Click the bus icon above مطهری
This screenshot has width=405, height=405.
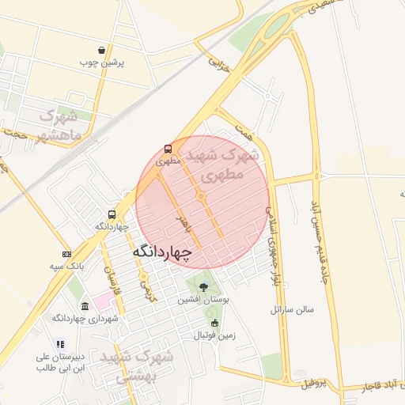pos(168,149)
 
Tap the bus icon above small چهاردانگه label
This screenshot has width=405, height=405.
pos(112,214)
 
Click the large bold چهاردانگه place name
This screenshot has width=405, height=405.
pos(163,252)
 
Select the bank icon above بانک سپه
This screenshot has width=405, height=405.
pos(66,254)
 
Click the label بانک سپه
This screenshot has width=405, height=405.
pos(66,266)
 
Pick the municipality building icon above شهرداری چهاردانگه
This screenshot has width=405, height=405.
pos(85,306)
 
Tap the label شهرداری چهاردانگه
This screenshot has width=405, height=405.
pos(85,318)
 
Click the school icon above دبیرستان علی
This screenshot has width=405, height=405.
pos(59,345)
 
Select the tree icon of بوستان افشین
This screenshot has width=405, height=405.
pos(203,287)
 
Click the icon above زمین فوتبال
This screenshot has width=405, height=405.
pos(214,323)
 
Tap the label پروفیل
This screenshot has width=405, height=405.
pos(313,384)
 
